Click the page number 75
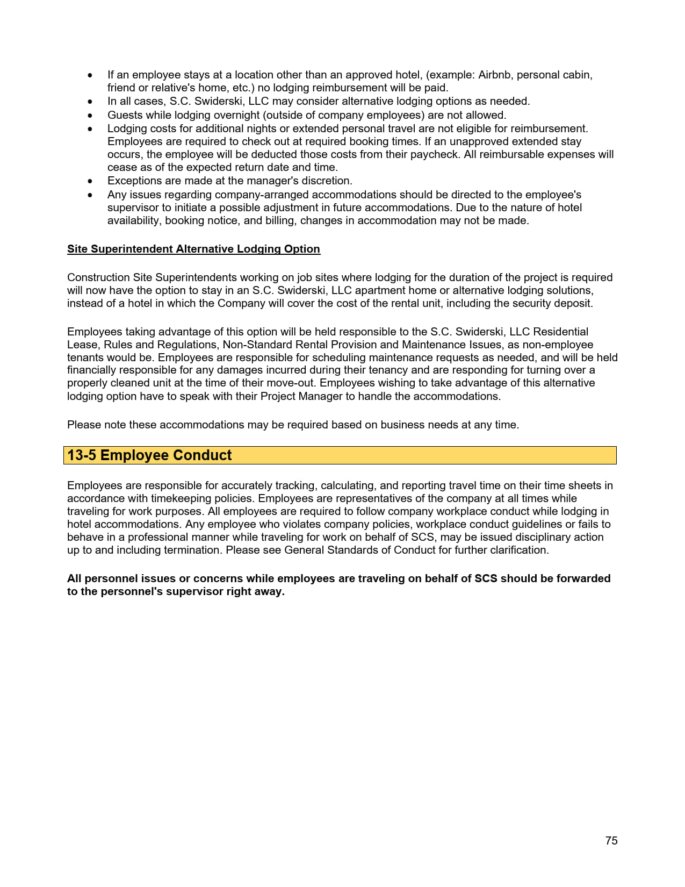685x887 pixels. (611, 841)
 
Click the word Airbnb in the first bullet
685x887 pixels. (494, 75)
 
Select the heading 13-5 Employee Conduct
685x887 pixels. (149, 455)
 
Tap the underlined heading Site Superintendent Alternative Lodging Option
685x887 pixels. (193, 249)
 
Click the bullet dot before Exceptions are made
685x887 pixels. (90, 182)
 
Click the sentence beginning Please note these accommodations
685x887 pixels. (293, 425)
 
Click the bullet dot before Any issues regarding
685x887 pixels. (90, 195)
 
